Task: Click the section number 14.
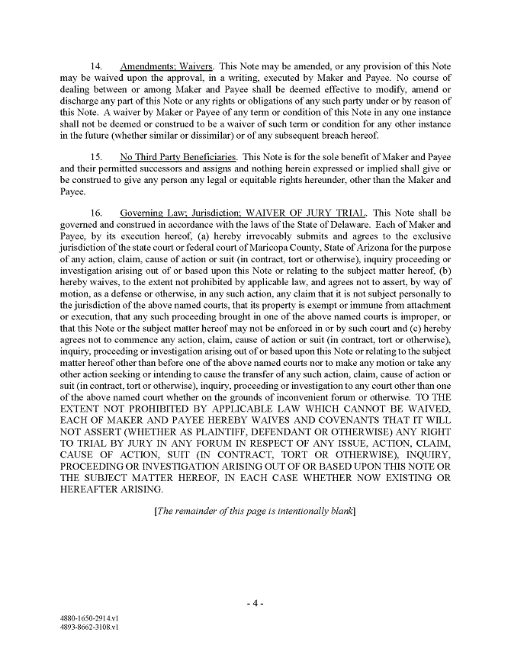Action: pyautogui.click(x=97, y=66)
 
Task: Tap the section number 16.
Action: pyautogui.click(x=97, y=213)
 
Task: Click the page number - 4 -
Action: pyautogui.click(x=256, y=603)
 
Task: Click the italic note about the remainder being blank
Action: pyautogui.click(x=256, y=511)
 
